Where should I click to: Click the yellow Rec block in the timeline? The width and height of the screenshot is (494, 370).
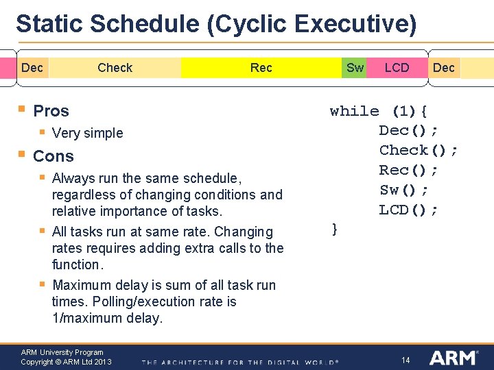point(261,67)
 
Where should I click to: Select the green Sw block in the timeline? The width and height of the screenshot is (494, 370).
point(355,67)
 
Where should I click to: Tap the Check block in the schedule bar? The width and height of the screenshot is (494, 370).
point(115,67)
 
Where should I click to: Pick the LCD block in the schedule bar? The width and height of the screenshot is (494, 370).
point(397,67)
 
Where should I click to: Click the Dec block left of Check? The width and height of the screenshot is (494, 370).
point(32,67)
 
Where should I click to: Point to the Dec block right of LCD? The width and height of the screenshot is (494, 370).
point(444,67)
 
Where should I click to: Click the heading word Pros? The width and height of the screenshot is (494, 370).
point(51,110)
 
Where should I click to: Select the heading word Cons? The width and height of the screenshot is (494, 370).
point(53,156)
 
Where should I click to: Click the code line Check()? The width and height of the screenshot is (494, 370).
point(419,150)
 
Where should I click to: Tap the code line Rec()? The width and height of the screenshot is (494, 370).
point(409,170)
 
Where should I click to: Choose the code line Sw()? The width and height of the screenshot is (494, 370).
point(404,190)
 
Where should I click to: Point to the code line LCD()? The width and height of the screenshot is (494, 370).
point(409,210)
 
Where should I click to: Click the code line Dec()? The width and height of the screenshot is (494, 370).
point(409,130)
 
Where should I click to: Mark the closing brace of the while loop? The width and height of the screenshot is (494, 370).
point(334,230)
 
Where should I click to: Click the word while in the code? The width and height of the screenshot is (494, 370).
point(354,111)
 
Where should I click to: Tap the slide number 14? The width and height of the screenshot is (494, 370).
point(405,360)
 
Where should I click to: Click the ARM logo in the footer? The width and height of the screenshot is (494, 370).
point(454,358)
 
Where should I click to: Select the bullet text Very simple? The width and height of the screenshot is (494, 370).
point(87,133)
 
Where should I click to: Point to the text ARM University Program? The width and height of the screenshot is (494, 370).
point(62,352)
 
